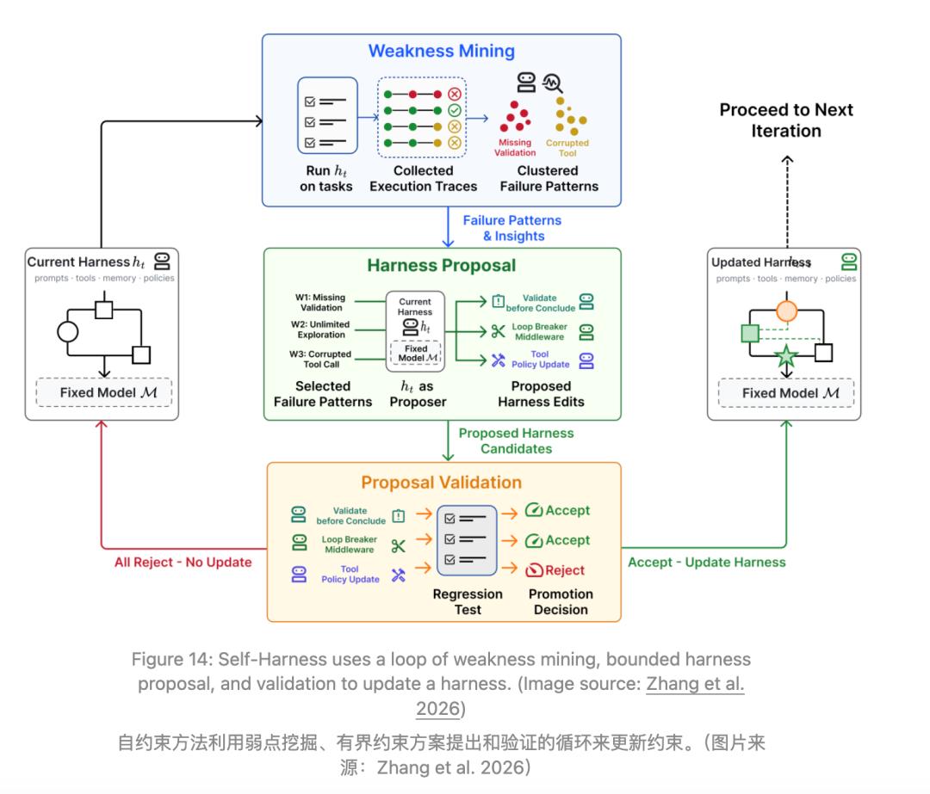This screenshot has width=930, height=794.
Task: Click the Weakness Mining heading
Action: pos(441,51)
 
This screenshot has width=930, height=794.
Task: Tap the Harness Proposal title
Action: pos(441,266)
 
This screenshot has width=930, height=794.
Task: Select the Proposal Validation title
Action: pos(441,483)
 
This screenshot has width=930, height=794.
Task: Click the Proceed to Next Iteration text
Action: pos(786,120)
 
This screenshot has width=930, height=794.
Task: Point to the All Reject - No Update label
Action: pos(183,563)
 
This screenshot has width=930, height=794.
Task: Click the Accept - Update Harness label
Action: pos(706,563)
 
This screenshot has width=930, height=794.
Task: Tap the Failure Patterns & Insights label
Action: pos(512,228)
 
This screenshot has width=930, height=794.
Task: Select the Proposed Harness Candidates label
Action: pos(516,440)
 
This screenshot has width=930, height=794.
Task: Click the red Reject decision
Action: pos(555,570)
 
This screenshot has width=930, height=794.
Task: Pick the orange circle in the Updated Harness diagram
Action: pos(786,311)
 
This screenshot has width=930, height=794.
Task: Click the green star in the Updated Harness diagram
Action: pos(786,356)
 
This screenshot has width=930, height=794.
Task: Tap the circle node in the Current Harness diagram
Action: pos(68,331)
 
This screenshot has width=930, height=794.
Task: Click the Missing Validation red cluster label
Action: pos(515,148)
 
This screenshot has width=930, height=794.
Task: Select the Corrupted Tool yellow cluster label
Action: pos(567,148)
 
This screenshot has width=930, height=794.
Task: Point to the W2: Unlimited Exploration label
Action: pos(320,329)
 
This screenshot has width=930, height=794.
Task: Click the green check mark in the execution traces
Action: pos(455,110)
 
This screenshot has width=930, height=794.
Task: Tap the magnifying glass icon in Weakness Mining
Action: pos(553,83)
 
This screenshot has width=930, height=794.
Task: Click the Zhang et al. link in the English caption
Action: pos(695,684)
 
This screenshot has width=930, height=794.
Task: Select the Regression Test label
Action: pos(468,602)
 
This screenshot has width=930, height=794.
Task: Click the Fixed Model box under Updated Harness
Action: pos(786,393)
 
